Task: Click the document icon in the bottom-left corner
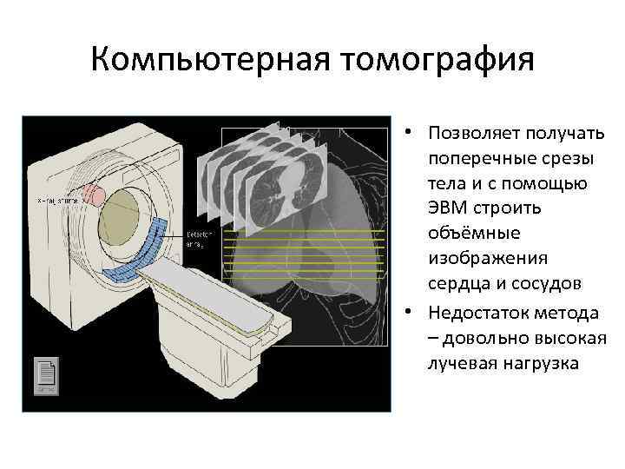(46, 375)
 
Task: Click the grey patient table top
(217, 300)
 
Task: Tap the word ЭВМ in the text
(448, 209)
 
